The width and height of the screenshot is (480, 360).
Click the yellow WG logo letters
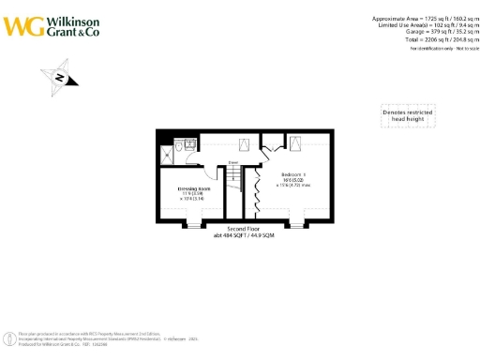click(x=22, y=23)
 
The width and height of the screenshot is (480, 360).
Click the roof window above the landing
click(x=243, y=144)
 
